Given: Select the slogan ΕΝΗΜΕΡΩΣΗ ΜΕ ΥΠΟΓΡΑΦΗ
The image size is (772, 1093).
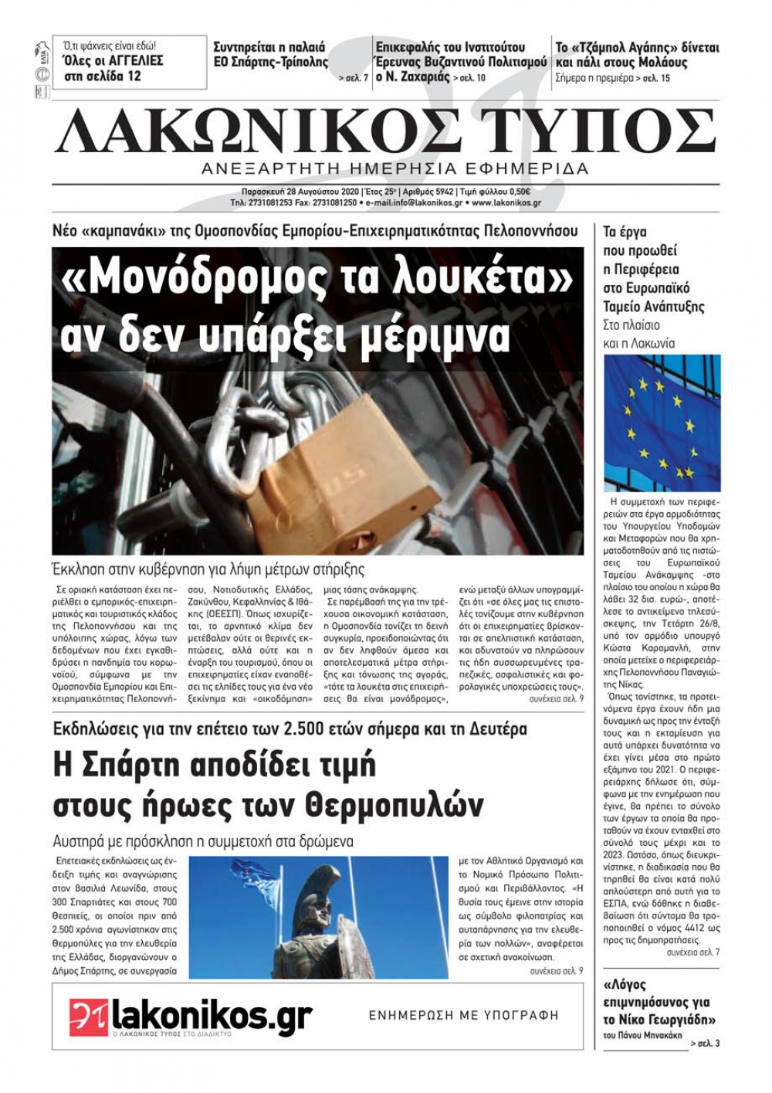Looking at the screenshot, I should click(x=463, y=1015).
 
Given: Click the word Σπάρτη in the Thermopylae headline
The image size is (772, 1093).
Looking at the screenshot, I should click(x=134, y=765).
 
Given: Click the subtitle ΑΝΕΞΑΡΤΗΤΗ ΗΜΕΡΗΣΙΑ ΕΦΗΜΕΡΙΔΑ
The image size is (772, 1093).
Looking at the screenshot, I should click(x=394, y=168).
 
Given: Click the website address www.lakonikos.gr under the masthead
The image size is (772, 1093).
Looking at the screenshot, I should click(x=506, y=203).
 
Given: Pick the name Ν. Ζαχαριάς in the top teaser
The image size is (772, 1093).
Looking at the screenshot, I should click(x=413, y=77).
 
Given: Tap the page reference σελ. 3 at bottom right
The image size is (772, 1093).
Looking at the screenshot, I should click(x=706, y=1044).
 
